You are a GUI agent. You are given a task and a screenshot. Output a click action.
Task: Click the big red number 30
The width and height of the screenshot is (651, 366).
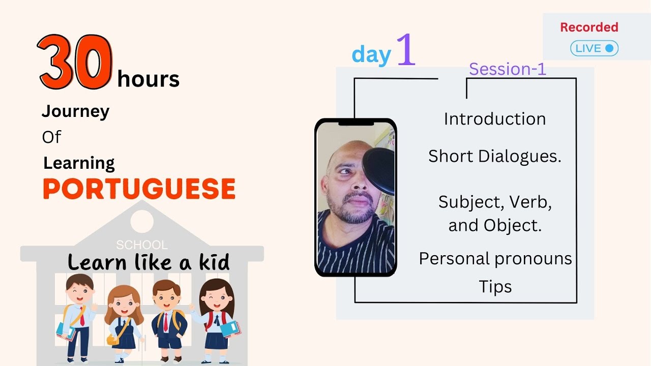pos(75,63)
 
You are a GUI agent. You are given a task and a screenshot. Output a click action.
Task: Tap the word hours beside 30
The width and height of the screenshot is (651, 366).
pos(148,80)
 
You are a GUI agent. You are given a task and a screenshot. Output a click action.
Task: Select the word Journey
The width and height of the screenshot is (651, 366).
pos(75,111)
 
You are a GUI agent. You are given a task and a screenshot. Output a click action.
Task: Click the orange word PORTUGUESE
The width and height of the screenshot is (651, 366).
pos(139,189)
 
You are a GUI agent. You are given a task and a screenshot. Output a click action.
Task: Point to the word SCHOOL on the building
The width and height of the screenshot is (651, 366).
pos(141,245)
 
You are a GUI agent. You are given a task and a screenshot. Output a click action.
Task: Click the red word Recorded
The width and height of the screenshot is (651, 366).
pos(589,27)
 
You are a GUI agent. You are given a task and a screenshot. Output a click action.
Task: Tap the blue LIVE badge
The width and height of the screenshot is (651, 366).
pos(594,48)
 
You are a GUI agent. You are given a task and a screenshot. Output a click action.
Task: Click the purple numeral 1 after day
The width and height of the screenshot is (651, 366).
pos(405,49)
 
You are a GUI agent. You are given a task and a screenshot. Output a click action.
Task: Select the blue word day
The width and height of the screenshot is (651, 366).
pos(371,54)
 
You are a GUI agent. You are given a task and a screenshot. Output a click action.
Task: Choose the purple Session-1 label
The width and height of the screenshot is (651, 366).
pos(507,69)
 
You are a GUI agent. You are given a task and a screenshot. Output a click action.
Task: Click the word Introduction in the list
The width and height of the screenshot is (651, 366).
pos(494,119)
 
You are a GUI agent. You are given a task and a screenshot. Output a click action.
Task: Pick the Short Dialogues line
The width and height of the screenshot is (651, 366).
pos(494,157)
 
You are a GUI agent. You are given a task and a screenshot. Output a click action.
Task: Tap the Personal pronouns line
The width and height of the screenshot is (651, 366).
pos(495,259)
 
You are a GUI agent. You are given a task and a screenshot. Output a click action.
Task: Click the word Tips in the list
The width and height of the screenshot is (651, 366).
pos(495,287)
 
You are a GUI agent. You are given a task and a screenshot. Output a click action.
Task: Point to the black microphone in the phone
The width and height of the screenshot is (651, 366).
pos(379,170)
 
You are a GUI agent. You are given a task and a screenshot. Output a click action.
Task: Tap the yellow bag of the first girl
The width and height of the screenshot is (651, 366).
pos(113,339)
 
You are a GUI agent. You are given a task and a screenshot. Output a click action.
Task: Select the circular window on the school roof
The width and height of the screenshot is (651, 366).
pos(142,221)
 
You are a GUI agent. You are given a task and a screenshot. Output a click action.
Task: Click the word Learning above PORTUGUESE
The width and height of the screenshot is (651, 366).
pos(79,163)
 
